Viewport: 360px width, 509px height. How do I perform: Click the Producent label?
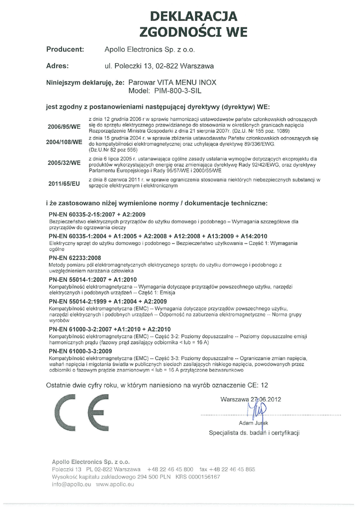[65, 50]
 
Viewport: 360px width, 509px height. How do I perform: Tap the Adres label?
[57, 66]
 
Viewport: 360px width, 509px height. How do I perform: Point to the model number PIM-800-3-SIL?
[178, 91]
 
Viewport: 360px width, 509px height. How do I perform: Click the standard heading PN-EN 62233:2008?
[75, 258]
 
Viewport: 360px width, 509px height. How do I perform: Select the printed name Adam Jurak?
[254, 423]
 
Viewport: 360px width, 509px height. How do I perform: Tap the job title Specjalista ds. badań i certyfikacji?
[254, 433]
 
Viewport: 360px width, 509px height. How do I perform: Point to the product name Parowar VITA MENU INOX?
[172, 83]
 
